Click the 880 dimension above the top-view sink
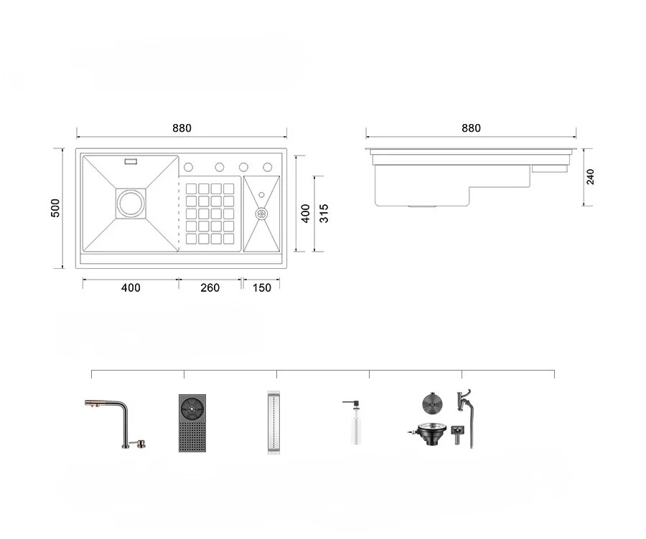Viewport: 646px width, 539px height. (182, 128)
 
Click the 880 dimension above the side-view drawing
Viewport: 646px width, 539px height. (471, 128)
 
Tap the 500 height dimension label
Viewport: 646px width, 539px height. (55, 208)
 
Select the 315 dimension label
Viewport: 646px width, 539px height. (324, 214)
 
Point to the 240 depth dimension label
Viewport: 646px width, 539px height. (590, 177)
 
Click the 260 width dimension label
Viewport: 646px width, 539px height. (210, 287)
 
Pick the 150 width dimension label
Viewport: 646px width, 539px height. (261, 287)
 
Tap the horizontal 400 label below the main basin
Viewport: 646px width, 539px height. (131, 287)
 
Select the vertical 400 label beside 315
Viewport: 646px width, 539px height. (305, 214)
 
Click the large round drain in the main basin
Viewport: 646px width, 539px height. (131, 204)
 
